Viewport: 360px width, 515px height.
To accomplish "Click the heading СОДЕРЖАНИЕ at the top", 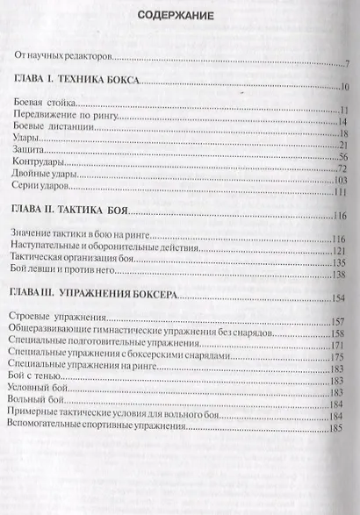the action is coord(179,17).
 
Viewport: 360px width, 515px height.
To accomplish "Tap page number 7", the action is coord(348,64).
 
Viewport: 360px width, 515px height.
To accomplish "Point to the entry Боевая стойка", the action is coord(45,108).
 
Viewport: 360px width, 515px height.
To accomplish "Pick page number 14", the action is coord(345,124).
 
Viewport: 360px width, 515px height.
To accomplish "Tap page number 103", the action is coord(342,181).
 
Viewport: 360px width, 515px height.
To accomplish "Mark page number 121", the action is coord(341,251).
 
